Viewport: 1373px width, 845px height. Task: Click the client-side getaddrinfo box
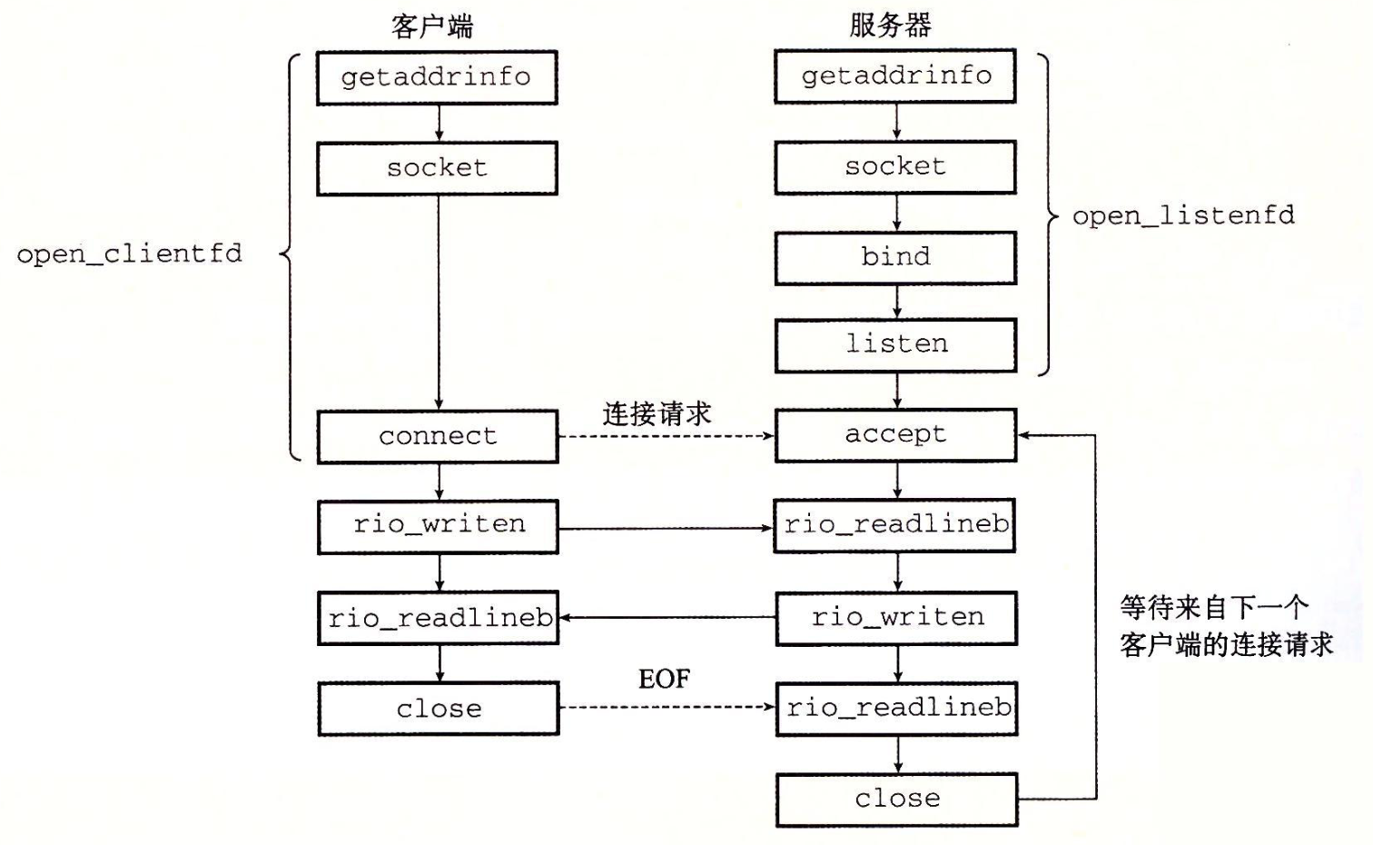437,78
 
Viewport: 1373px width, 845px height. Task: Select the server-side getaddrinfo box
895,76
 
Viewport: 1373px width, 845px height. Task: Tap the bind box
895,257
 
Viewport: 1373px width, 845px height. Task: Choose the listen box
895,345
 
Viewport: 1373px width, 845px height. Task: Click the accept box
895,435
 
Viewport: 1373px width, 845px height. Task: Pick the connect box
438,437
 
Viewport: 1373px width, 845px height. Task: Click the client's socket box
437,169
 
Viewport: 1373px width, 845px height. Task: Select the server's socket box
895,167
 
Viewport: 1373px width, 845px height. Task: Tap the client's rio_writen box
439,527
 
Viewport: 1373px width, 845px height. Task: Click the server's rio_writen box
896,618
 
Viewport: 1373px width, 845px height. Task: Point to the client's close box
439,709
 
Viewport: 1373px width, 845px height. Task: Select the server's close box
897,800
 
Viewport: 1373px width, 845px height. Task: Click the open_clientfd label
129,254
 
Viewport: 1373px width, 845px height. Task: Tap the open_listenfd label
1183,216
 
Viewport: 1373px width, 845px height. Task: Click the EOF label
665,679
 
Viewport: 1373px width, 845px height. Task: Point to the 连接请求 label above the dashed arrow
657,414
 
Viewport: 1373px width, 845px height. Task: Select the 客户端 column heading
432,27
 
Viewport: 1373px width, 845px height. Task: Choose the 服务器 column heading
890,25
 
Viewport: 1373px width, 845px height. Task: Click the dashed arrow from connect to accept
667,436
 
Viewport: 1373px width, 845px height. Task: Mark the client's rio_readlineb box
439,618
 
